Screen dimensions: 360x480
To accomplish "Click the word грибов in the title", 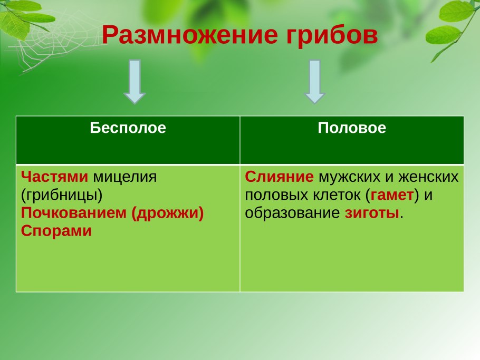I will click(332, 36).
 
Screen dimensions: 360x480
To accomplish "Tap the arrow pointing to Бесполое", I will click(135, 81).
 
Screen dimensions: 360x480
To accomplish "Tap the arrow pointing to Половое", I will click(315, 81).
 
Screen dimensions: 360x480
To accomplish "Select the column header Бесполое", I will click(128, 128).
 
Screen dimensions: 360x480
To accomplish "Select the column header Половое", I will click(352, 128).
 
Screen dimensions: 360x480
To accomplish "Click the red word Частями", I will click(54, 177).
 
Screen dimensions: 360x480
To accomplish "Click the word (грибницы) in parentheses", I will click(62, 195).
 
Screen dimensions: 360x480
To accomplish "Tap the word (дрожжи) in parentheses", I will click(167, 213).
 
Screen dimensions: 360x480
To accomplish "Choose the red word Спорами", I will click(56, 231).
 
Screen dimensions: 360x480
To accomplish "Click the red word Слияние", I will click(280, 177).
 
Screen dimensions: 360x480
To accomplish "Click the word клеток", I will click(337, 195).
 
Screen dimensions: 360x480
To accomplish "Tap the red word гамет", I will click(391, 195).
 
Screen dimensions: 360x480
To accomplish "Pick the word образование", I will click(293, 213).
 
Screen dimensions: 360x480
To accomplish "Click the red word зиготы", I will click(372, 213).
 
